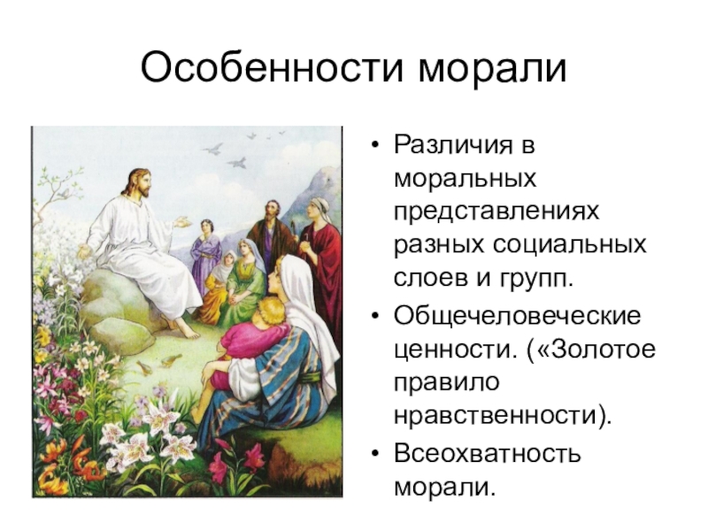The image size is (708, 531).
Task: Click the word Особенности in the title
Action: point(272,68)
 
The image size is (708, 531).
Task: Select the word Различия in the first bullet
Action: point(453,146)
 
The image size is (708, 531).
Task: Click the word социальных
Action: point(569,246)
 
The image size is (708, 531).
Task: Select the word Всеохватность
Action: point(488,453)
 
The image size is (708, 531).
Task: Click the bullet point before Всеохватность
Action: point(374,454)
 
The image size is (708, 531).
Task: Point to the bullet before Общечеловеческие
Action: point(374,316)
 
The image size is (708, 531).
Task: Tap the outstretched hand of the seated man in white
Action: point(181,223)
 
